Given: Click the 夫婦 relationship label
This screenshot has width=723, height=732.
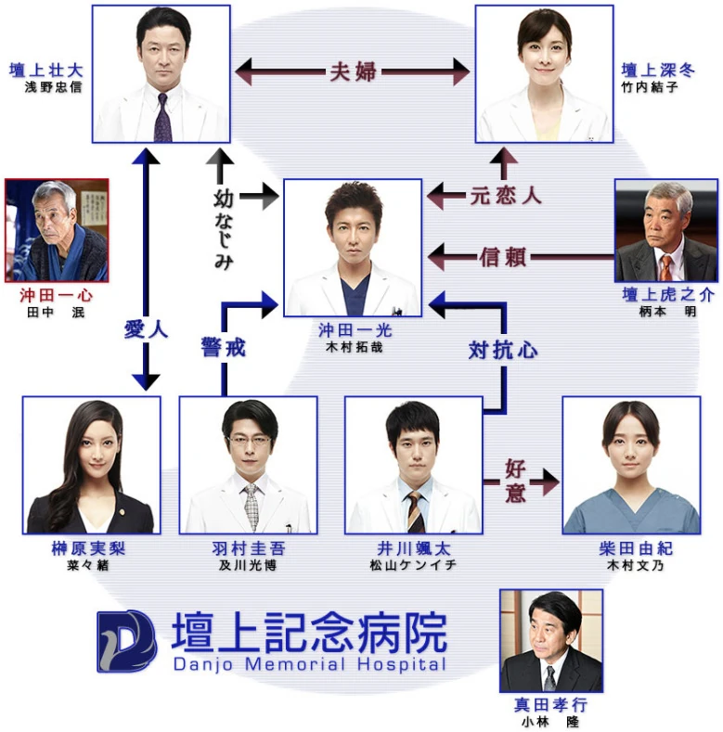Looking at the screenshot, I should pyautogui.click(x=353, y=71).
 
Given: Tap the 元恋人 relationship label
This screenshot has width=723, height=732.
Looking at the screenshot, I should pyautogui.click(x=506, y=196).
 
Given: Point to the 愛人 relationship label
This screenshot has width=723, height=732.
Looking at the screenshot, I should pyautogui.click(x=146, y=328).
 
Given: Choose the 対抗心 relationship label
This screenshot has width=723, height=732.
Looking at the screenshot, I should pyautogui.click(x=503, y=350).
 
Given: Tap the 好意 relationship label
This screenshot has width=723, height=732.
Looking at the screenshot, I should pyautogui.click(x=516, y=481).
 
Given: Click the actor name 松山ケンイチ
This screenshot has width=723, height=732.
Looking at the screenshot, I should pyautogui.click(x=413, y=565).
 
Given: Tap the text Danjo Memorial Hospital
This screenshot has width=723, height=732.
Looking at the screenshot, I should pyautogui.click(x=308, y=664).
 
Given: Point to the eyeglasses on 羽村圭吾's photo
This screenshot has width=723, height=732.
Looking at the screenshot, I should pyautogui.click(x=248, y=439).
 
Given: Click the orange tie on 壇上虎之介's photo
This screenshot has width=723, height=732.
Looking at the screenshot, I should pyautogui.click(x=665, y=268).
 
